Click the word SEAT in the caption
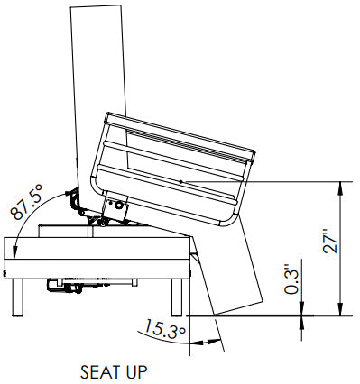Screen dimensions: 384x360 click(x=99, y=370)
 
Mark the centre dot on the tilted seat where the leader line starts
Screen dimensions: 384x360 click(x=180, y=182)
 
